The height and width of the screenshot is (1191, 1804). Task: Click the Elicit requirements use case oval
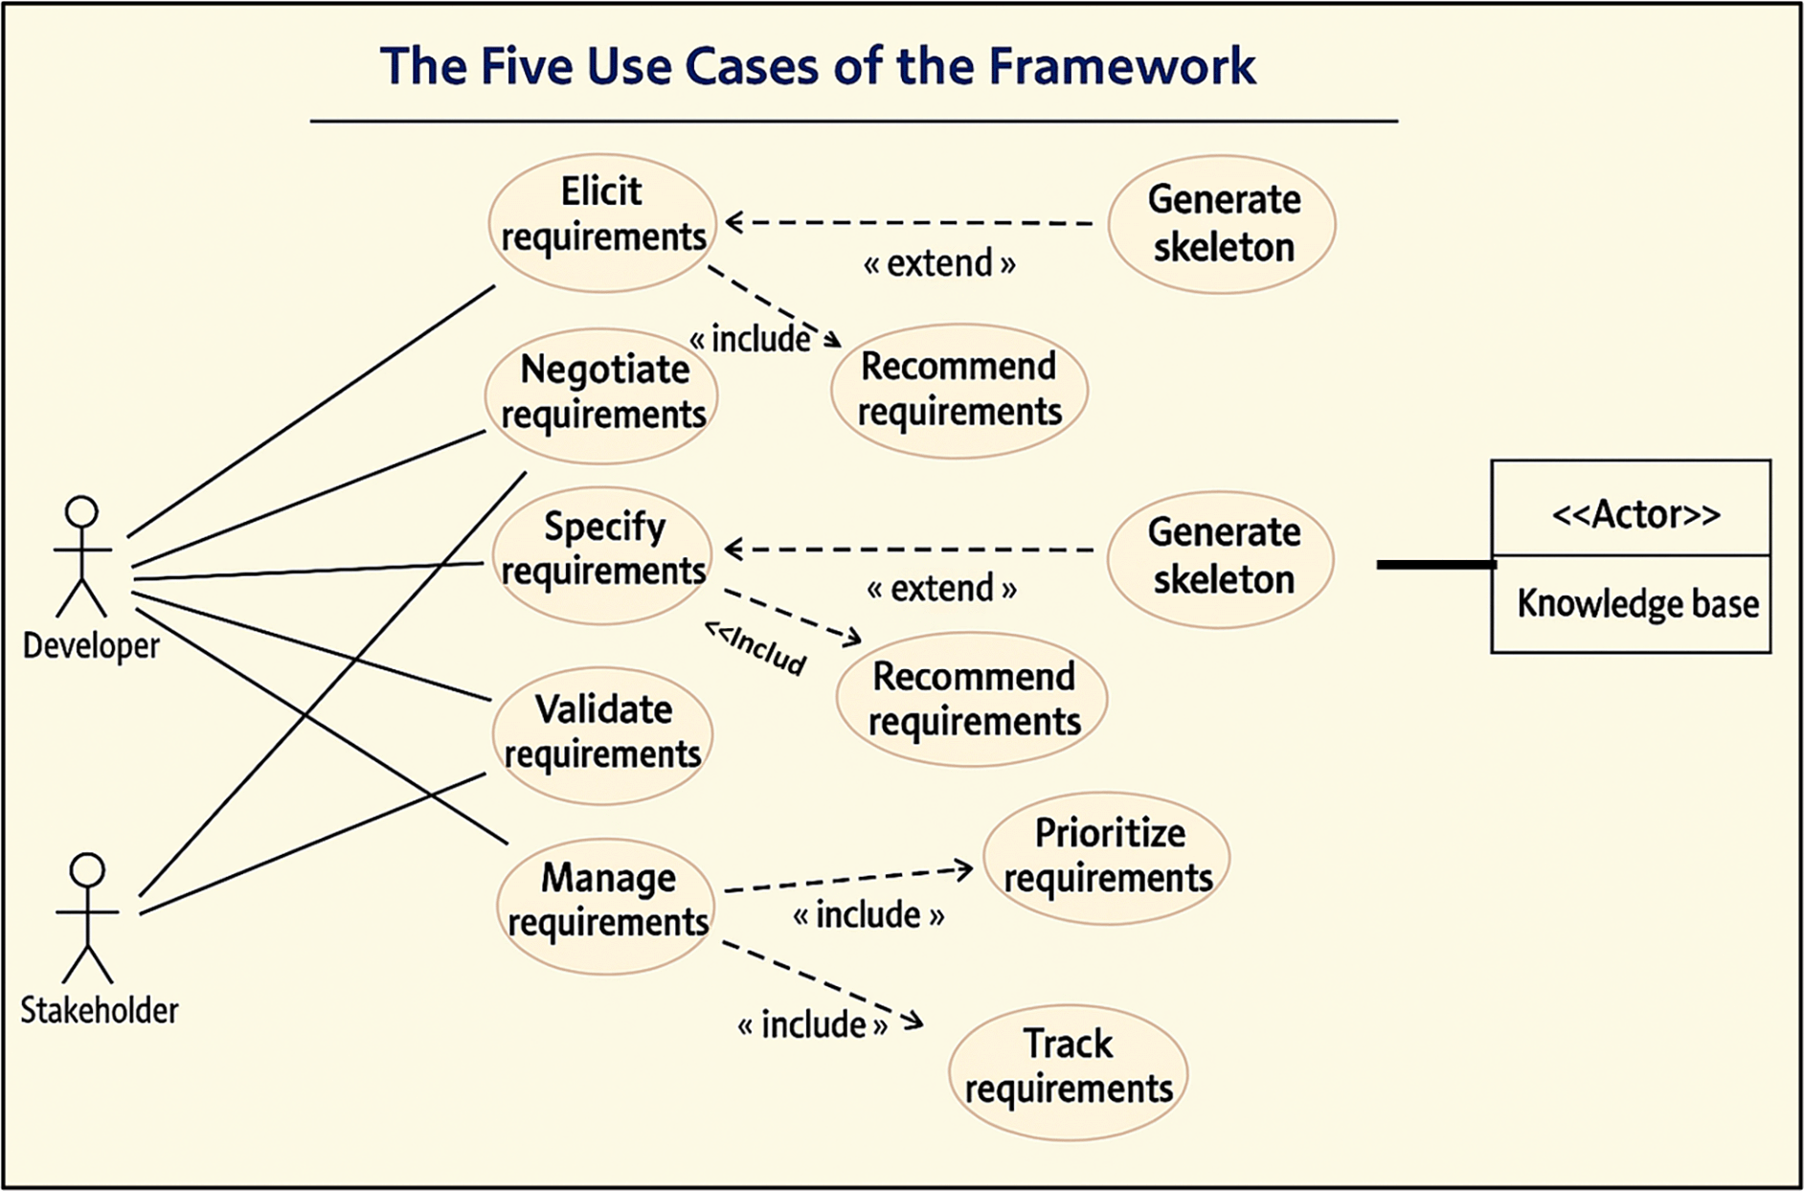pyautogui.click(x=602, y=222)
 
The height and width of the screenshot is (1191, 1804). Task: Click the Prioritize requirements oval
pyautogui.click(x=1107, y=857)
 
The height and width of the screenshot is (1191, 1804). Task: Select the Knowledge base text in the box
pyautogui.click(x=1637, y=604)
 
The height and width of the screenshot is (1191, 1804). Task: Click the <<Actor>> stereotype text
pyautogui.click(x=1635, y=514)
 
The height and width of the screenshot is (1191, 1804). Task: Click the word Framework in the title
pyautogui.click(x=1121, y=66)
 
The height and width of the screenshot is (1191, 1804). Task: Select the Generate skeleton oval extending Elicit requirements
pyautogui.click(x=1222, y=224)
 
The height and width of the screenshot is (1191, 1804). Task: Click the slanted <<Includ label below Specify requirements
pyautogui.click(x=755, y=648)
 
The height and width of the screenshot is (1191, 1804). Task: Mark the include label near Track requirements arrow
pyautogui.click(x=813, y=1025)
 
